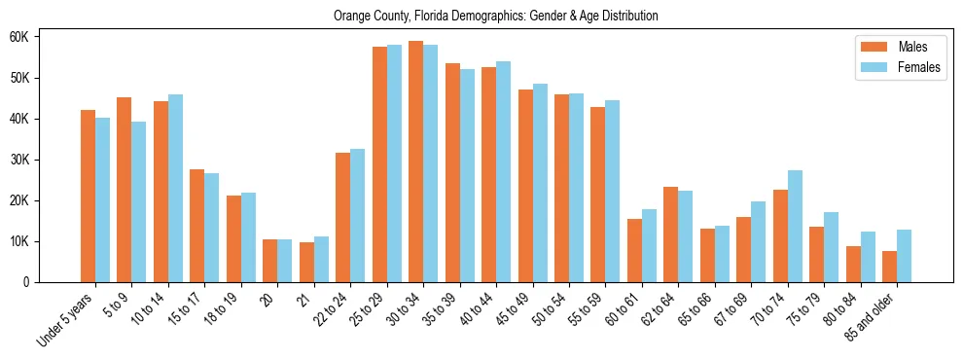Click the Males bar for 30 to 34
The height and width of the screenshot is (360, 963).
(415, 162)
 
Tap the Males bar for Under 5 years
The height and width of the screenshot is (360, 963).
(88, 196)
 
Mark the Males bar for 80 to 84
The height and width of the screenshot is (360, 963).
(853, 264)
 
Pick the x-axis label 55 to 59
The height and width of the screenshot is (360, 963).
(587, 309)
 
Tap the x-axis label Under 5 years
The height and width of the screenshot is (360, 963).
(66, 319)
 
